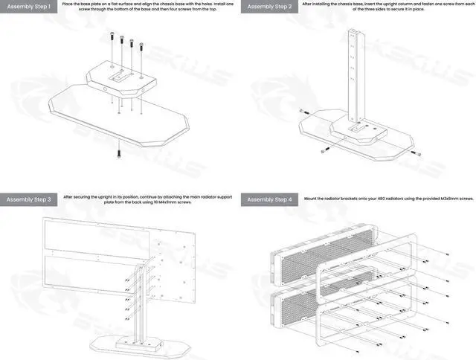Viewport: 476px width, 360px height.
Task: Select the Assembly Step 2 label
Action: click(270, 7)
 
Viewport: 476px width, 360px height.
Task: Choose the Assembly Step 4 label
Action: click(270, 199)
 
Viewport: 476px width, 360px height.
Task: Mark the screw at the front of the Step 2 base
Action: click(324, 151)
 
